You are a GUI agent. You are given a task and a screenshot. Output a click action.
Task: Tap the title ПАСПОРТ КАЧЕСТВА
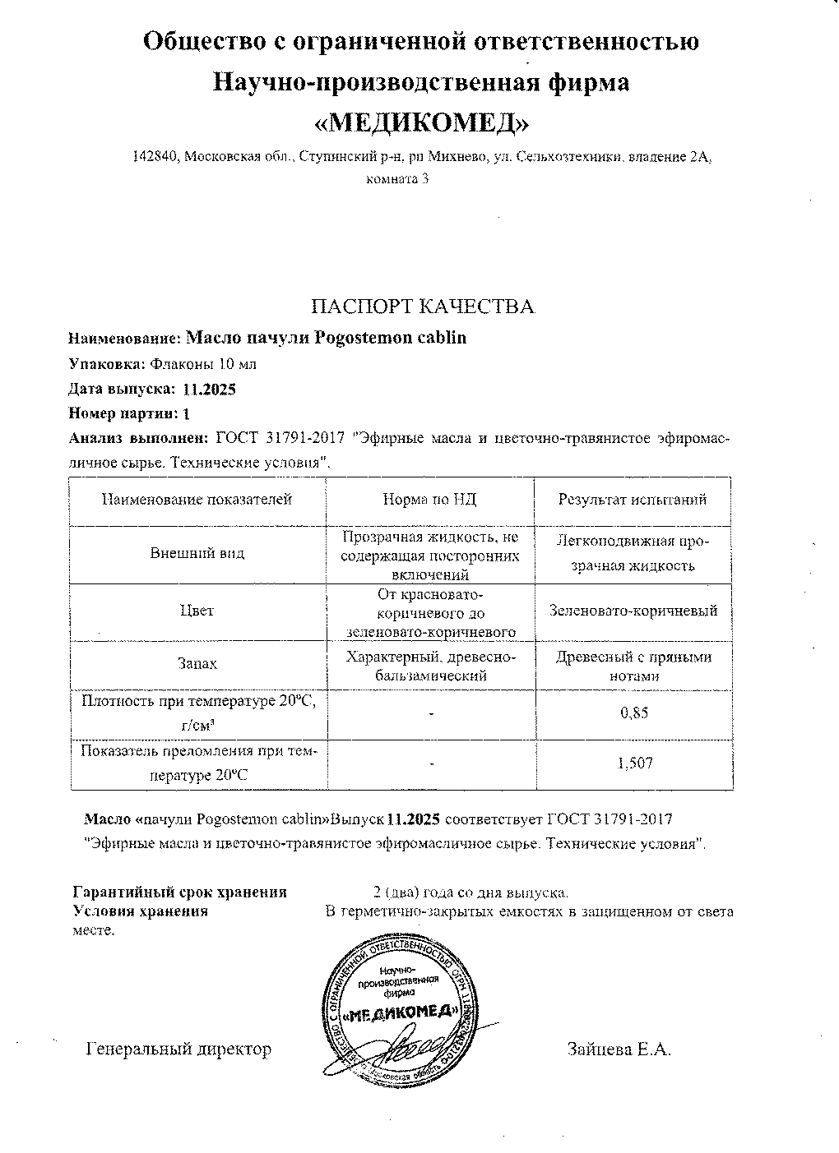click(x=422, y=307)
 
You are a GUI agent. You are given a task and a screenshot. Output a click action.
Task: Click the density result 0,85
click(x=633, y=713)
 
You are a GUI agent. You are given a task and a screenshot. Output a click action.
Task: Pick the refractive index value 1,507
click(x=634, y=763)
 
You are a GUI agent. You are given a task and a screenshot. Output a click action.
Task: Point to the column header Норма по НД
click(x=429, y=500)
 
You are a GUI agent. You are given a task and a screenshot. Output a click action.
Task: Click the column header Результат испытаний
click(x=633, y=500)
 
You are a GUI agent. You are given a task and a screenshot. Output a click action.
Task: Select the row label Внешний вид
click(x=197, y=553)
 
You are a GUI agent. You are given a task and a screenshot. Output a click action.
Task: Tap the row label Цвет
click(x=197, y=611)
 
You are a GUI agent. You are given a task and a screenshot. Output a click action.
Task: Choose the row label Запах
click(x=197, y=662)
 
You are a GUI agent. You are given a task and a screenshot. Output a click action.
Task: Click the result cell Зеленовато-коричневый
click(x=633, y=611)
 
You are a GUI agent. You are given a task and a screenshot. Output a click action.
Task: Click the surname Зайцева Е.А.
click(x=619, y=1049)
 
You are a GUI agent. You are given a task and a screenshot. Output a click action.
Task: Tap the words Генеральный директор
click(x=178, y=1049)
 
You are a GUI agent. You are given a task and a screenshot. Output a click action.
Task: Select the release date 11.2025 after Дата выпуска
click(x=211, y=389)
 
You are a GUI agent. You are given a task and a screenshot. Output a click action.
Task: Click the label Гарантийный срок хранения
click(x=180, y=892)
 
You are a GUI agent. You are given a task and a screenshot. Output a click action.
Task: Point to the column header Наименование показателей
click(x=197, y=500)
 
